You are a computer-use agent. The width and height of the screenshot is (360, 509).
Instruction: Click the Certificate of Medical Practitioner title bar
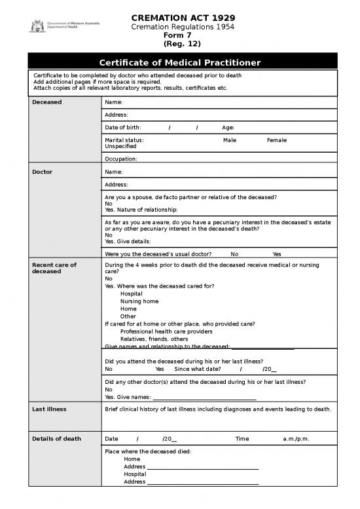pyautogui.click(x=179, y=62)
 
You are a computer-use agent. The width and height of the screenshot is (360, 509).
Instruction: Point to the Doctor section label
pyautogui.click(x=43, y=172)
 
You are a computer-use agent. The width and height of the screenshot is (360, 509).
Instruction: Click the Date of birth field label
pyautogui.click(x=122, y=128)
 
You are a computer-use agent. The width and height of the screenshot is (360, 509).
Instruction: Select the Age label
pyautogui.click(x=228, y=128)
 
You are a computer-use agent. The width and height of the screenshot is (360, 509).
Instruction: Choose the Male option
pyautogui.click(x=230, y=140)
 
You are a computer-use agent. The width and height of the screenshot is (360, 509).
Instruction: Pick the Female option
pyautogui.click(x=277, y=140)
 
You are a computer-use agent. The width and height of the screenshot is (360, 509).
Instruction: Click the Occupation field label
pyautogui.click(x=121, y=159)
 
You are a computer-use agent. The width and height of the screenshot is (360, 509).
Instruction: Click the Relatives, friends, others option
pyautogui.click(x=145, y=339)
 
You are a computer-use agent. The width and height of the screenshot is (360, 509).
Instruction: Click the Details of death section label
pyautogui.click(x=56, y=438)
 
